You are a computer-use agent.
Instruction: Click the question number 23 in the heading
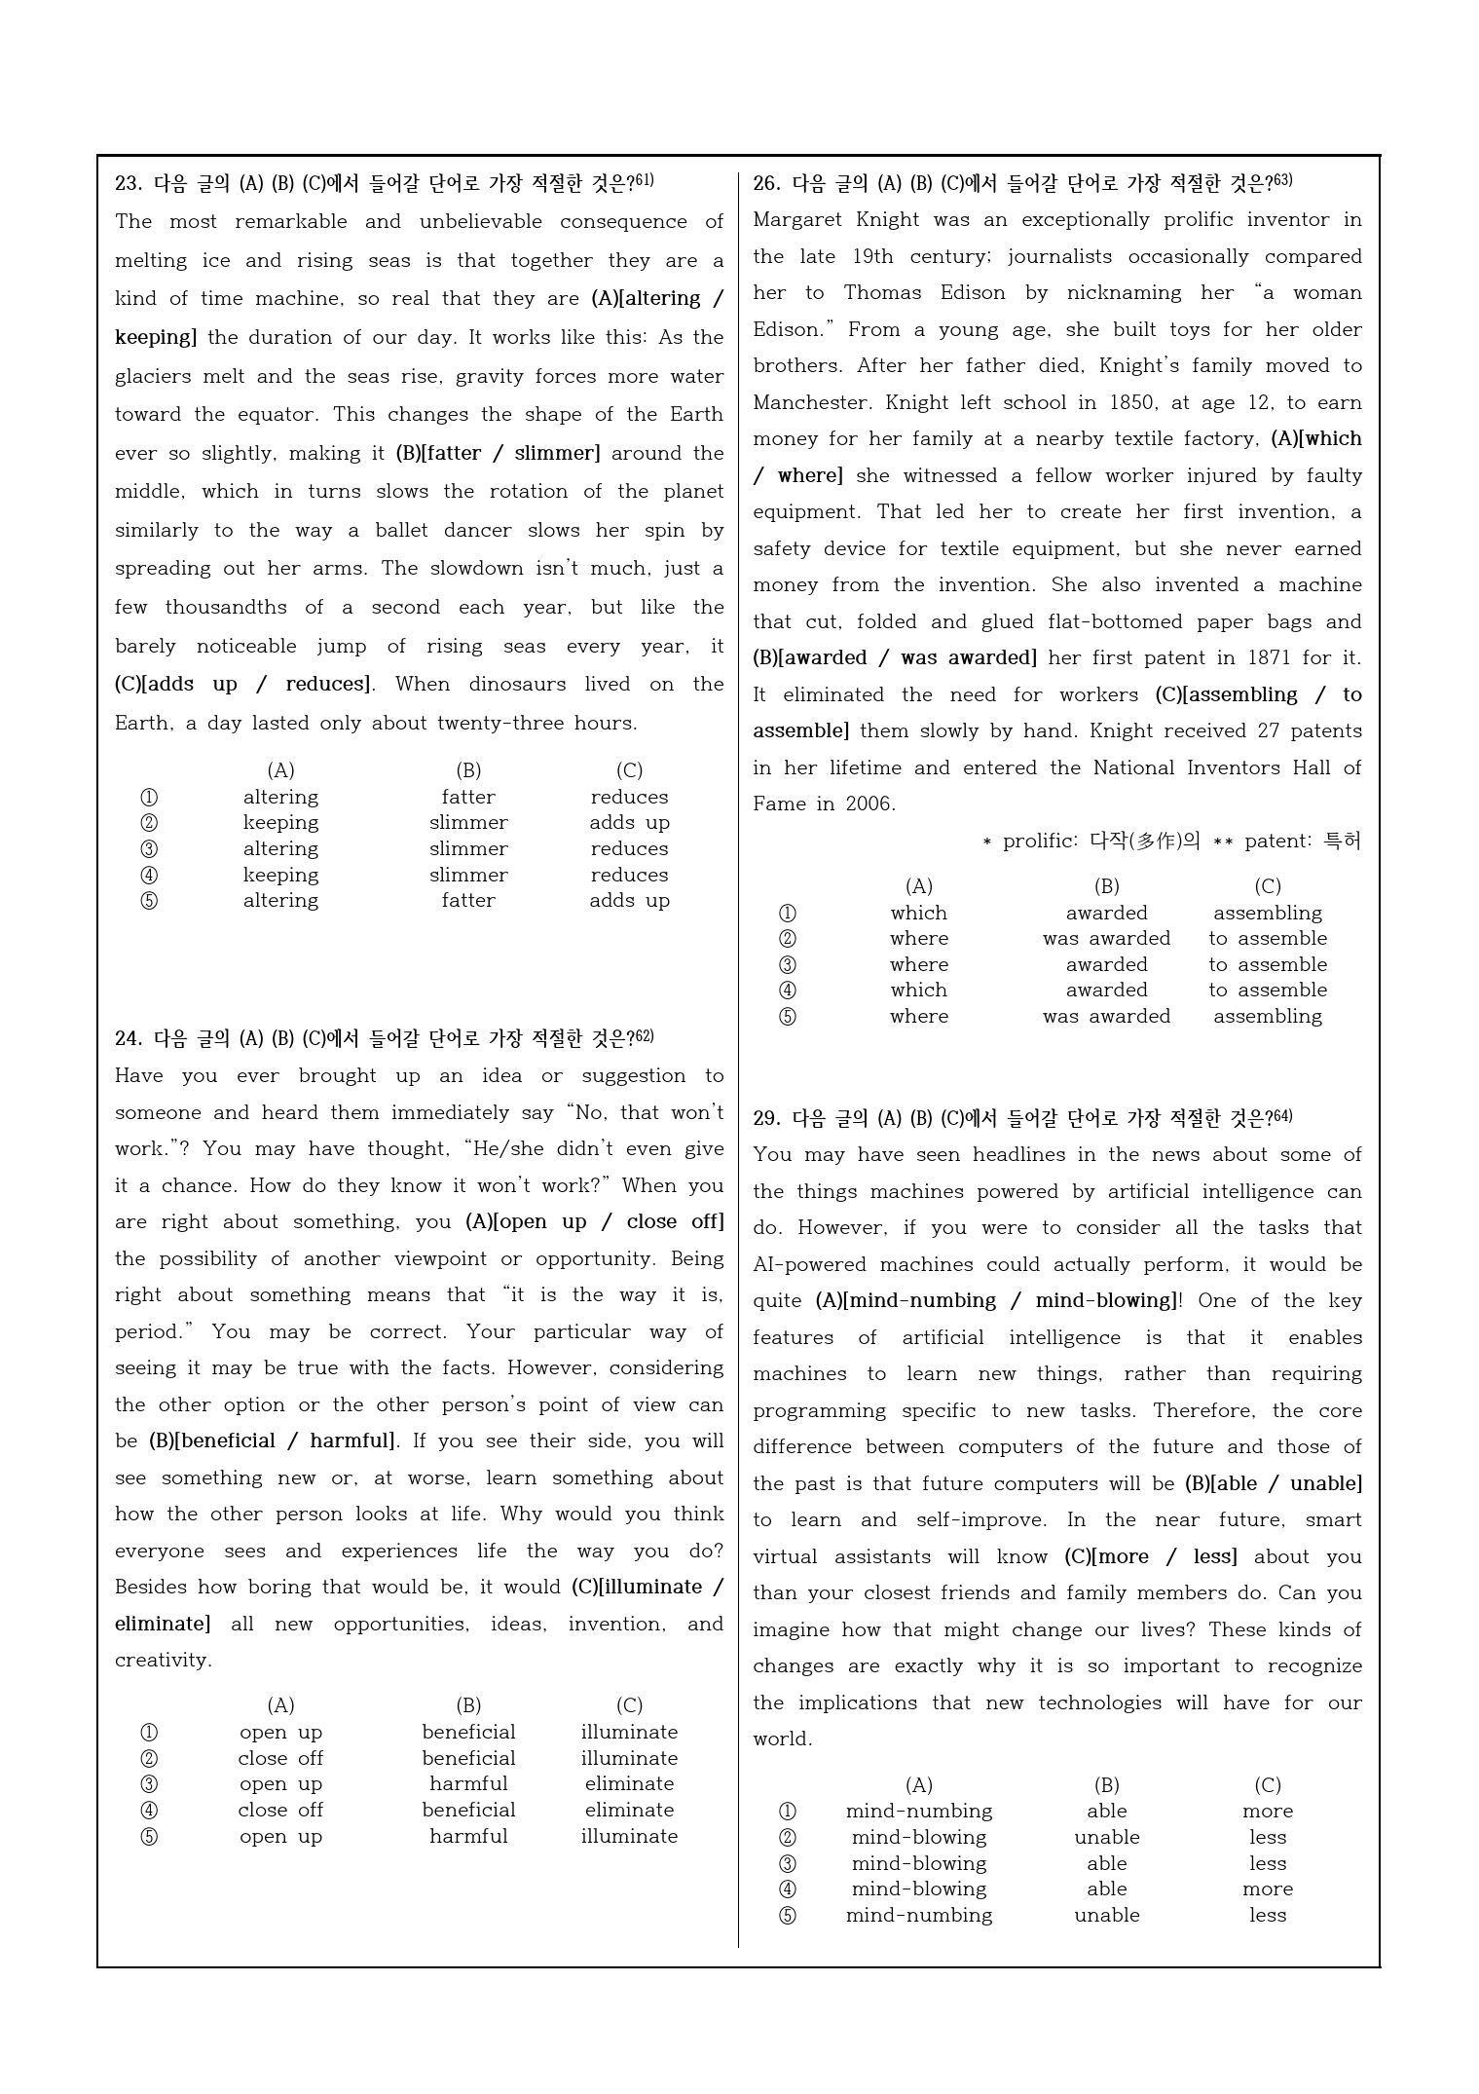coord(128,183)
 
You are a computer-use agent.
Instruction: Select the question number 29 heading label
coord(766,1118)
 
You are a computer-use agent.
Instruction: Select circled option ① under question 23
coord(149,797)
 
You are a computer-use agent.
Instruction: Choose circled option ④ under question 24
coord(149,1810)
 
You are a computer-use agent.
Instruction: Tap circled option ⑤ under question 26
coord(788,1016)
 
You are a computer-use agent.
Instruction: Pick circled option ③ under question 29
coord(788,1863)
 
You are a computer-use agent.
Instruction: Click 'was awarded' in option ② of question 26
coord(1106,939)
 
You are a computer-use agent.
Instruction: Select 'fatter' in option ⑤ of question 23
coord(468,901)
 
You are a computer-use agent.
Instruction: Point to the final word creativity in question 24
coord(163,1661)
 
